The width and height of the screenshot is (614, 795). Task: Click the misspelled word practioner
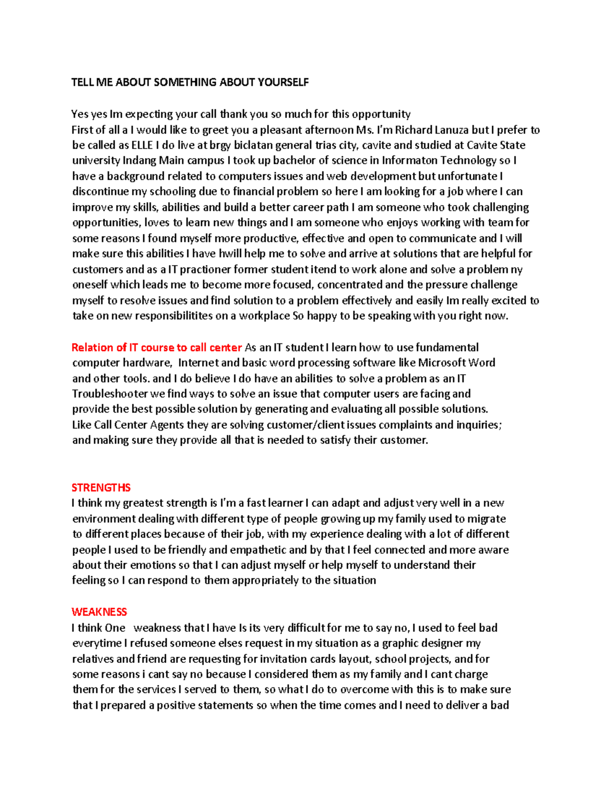click(x=206, y=270)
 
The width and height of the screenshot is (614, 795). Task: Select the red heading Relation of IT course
click(x=156, y=348)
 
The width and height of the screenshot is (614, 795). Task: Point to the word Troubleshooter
click(x=109, y=394)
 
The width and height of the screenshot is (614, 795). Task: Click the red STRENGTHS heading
click(x=101, y=488)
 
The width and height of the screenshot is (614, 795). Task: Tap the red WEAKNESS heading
click(x=99, y=612)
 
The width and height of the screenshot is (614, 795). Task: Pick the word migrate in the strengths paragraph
click(x=487, y=519)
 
